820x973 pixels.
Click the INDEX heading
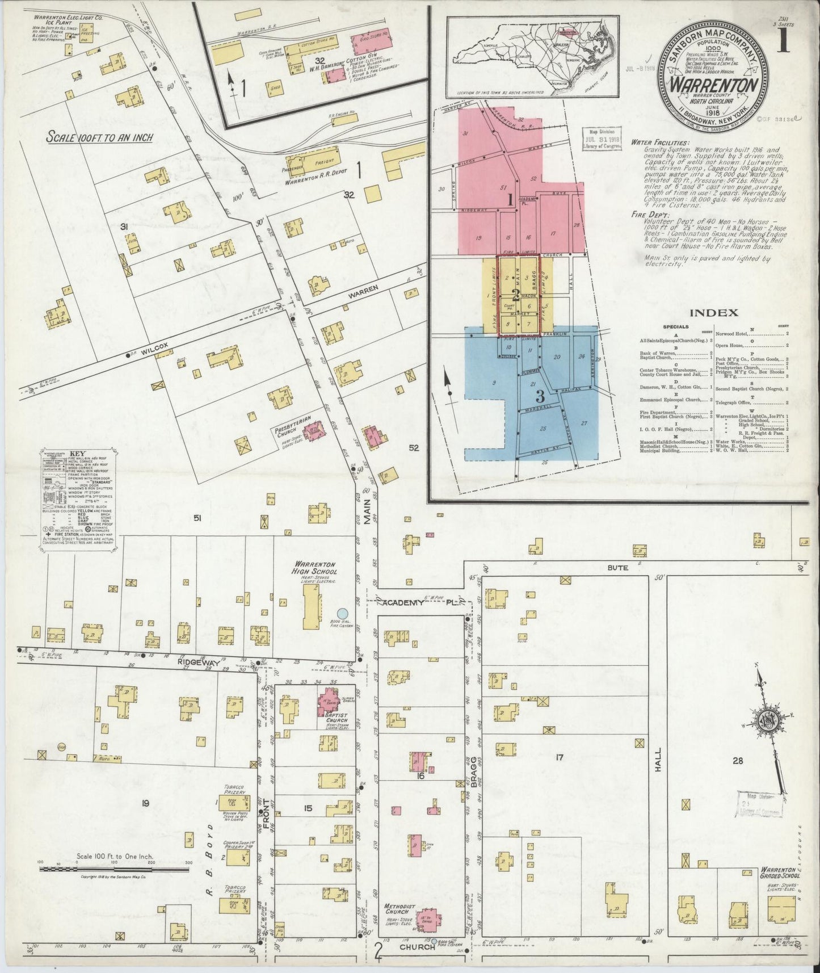[x=714, y=312]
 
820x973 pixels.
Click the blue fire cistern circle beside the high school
[x=342, y=613]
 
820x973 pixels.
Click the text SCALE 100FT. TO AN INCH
[x=99, y=138]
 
